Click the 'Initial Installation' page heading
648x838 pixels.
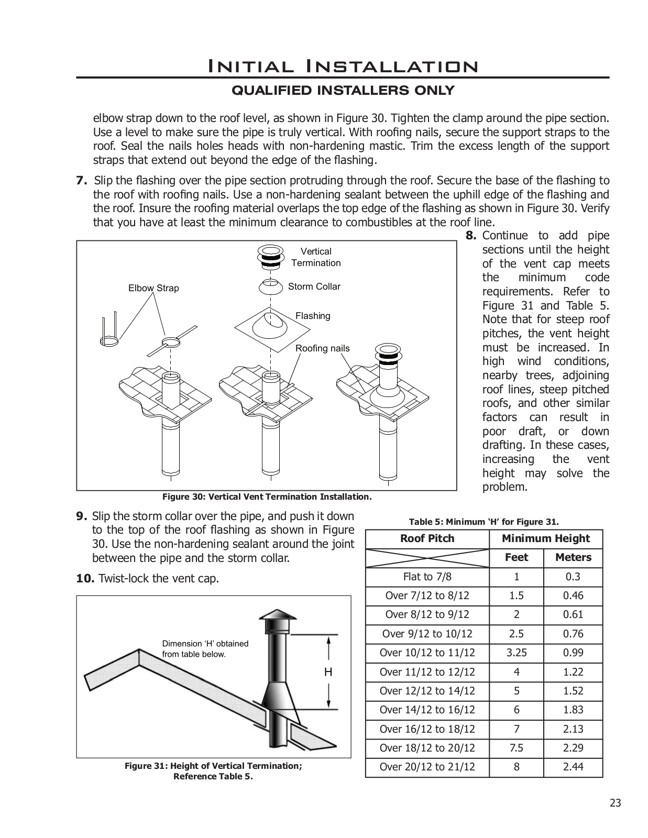coord(343,67)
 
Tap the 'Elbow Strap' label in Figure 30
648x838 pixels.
coord(153,288)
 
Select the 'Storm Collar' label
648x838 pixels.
coord(314,286)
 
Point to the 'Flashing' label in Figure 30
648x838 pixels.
coord(313,316)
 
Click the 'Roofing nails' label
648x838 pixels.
coord(322,348)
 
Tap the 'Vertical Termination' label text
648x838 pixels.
coord(316,257)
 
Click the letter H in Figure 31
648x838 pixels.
coord(328,672)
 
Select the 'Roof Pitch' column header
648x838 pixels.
coord(427,538)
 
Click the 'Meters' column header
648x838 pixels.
coord(573,557)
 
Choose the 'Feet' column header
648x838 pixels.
coord(516,557)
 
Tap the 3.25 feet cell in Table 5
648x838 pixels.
coord(516,653)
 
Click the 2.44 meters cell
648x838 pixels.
coord(573,767)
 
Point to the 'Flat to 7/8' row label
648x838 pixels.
coord(427,577)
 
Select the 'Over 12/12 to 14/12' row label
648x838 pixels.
coord(427,691)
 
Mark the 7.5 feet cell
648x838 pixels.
coord(516,748)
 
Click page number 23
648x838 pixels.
coord(615,803)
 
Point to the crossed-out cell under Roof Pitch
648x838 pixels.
coord(427,557)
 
